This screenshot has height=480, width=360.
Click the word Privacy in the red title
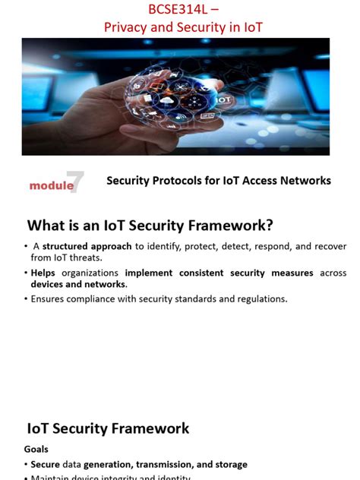[125, 27]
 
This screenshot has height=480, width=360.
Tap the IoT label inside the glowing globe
[223, 99]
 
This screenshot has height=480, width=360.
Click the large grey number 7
[75, 182]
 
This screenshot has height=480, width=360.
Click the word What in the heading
[48, 226]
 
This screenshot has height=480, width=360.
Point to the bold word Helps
[44, 273]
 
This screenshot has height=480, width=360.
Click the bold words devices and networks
[78, 284]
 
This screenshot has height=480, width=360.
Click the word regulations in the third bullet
[261, 298]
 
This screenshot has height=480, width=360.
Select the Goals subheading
[36, 449]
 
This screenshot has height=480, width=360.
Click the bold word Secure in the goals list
[46, 464]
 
